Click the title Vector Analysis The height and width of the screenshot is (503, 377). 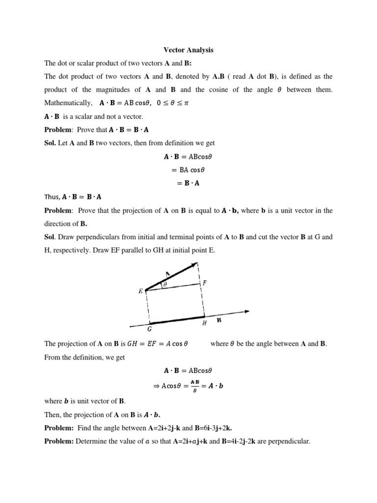(188, 50)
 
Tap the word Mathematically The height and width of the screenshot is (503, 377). (68, 103)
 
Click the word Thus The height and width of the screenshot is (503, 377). (52, 197)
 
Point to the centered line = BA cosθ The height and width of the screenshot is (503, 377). (188, 170)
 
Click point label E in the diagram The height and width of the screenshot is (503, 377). (140, 291)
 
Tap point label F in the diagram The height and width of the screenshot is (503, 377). (205, 283)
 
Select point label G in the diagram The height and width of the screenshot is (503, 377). (149, 329)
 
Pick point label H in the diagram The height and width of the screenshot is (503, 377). (204, 324)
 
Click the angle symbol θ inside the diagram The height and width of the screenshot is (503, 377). (165, 284)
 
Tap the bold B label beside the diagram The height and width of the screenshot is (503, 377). (219, 320)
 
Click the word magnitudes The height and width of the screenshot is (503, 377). (115, 90)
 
